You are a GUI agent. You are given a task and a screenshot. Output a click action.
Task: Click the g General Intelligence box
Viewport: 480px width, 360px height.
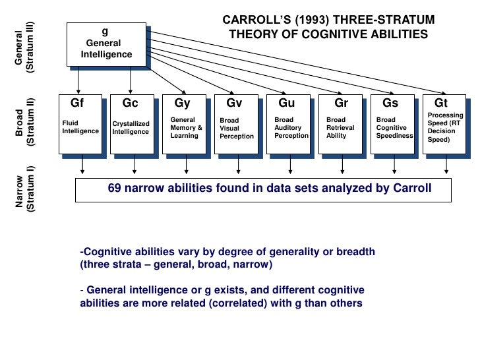click(105, 45)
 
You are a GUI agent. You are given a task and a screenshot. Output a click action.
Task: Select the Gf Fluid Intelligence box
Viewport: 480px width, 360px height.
click(80, 124)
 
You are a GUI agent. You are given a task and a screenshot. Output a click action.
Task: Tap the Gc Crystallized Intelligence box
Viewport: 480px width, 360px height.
click(131, 124)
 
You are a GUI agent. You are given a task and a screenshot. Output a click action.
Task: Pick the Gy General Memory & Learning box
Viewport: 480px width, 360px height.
click(183, 124)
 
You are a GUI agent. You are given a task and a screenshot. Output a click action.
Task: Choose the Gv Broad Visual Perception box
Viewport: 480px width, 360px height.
click(236, 124)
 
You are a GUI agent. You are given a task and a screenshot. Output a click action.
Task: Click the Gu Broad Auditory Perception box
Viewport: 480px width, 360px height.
click(287, 124)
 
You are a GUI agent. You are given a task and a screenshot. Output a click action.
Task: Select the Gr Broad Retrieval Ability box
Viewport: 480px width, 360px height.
click(340, 124)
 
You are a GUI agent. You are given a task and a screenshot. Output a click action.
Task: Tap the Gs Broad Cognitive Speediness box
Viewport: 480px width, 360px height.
click(391, 124)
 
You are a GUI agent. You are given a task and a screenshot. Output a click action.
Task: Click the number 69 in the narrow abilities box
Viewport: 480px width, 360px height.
click(115, 189)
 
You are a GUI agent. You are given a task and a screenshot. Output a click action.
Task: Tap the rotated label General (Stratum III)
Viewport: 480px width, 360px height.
click(24, 46)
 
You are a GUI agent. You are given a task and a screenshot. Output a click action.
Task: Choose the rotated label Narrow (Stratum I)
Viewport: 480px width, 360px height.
click(24, 189)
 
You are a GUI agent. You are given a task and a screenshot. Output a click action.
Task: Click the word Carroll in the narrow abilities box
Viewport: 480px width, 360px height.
click(413, 189)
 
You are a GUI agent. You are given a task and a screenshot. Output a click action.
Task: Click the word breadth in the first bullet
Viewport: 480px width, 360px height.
click(357, 252)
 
